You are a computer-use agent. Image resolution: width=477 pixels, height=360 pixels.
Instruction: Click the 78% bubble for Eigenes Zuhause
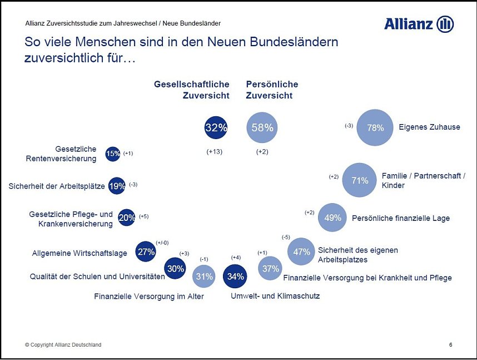tap(375, 127)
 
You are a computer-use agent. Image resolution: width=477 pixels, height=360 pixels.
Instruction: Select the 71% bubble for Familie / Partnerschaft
tap(360, 180)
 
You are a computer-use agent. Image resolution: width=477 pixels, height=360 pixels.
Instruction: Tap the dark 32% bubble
tap(216, 127)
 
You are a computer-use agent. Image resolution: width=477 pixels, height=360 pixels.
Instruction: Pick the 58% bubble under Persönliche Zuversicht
tap(262, 127)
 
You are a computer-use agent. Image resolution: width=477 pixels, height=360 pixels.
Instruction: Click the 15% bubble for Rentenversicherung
tap(113, 154)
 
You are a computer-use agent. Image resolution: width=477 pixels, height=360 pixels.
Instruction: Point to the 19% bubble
tap(117, 186)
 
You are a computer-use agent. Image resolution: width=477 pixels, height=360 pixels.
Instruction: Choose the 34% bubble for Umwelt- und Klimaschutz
tap(234, 276)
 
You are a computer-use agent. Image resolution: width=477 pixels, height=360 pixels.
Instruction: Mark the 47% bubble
tap(302, 251)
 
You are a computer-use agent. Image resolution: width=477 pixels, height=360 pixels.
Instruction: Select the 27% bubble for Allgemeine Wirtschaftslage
tap(146, 251)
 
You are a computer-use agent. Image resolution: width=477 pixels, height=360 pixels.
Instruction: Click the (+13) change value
tap(214, 152)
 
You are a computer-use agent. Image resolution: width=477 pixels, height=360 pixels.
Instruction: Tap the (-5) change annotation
tap(286, 237)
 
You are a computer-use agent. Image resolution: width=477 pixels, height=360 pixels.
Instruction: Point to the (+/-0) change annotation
tap(162, 243)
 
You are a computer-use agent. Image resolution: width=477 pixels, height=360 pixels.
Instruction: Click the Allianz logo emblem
tap(445, 24)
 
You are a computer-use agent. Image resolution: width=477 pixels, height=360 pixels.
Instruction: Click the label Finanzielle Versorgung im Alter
tap(149, 297)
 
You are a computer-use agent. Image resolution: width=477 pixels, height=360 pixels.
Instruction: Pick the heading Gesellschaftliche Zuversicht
tap(192, 90)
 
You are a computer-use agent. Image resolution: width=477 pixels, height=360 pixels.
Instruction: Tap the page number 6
tap(450, 345)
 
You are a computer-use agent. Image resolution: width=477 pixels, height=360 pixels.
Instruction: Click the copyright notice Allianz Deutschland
tap(63, 345)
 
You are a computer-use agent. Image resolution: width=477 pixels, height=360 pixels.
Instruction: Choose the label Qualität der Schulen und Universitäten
tap(97, 277)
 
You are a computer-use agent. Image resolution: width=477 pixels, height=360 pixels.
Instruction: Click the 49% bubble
tap(332, 218)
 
